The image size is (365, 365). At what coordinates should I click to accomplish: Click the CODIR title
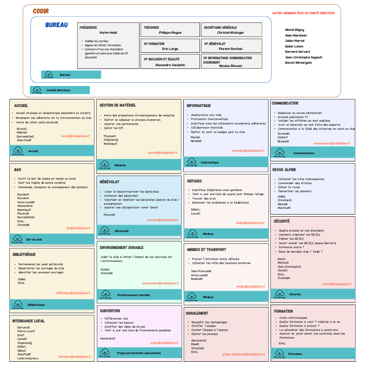tap(41, 11)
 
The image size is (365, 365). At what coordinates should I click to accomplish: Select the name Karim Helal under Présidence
tap(108, 32)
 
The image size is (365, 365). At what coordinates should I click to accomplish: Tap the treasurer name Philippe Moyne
tap(170, 32)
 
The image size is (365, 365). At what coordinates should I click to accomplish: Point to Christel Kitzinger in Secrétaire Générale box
tap(231, 32)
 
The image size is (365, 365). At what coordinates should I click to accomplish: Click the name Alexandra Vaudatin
tap(170, 65)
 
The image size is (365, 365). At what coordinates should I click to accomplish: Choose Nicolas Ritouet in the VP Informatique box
tap(230, 66)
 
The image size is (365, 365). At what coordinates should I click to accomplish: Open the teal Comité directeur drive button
tap(60, 90)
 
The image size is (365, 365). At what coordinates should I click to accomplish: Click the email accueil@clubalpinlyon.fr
tap(76, 137)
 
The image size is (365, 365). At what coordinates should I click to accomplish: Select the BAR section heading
tap(17, 170)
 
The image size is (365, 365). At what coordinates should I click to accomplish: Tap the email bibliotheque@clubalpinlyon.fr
tap(73, 292)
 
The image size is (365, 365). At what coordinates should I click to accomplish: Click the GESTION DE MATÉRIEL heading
tap(118, 105)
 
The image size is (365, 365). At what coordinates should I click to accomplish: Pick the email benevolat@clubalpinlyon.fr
tap(163, 220)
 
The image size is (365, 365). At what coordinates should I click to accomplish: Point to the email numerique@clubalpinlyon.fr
tap(248, 150)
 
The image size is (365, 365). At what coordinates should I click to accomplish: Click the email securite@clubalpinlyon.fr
tap(337, 284)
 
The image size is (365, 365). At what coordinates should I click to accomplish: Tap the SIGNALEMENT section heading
tap(197, 313)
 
